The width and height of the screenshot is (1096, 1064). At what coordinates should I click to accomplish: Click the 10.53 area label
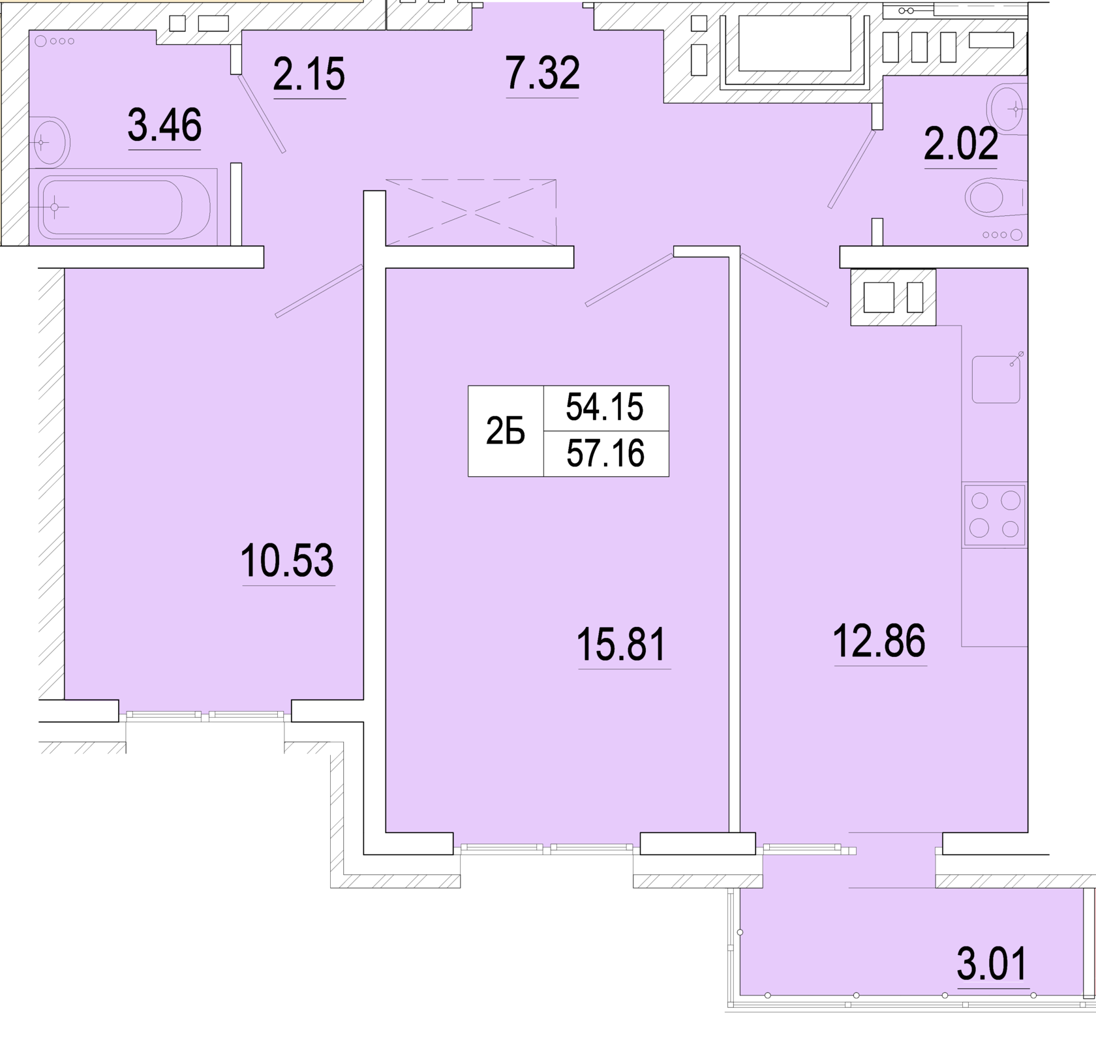click(x=287, y=560)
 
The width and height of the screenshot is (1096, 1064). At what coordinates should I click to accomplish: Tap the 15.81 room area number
click(x=622, y=644)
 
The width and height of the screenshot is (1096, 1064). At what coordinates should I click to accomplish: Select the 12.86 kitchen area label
click(x=879, y=641)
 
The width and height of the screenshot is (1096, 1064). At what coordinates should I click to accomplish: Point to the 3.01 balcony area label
click(x=992, y=964)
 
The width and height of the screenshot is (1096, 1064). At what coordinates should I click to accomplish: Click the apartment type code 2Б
click(x=506, y=432)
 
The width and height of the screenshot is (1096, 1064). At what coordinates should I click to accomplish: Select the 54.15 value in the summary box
click(x=605, y=408)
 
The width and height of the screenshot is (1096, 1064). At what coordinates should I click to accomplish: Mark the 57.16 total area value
click(x=605, y=453)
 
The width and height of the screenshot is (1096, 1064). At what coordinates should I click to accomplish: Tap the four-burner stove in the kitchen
click(x=994, y=515)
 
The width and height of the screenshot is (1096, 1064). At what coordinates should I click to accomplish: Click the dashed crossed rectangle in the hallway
click(x=471, y=213)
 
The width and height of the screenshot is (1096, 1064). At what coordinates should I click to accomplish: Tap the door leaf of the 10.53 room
click(x=319, y=290)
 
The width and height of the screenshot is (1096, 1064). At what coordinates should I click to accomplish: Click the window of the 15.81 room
click(x=547, y=848)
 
